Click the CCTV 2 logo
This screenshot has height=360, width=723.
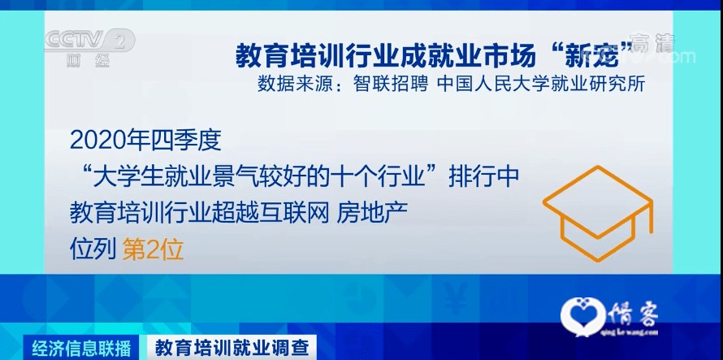pyautogui.click(x=89, y=41)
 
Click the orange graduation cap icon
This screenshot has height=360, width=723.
pyautogui.click(x=598, y=213)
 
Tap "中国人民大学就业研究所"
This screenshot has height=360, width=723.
pyautogui.click(x=541, y=85)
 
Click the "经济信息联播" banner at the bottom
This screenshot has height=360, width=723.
pyautogui.click(x=81, y=348)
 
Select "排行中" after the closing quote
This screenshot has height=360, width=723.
pyautogui.click(x=484, y=177)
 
